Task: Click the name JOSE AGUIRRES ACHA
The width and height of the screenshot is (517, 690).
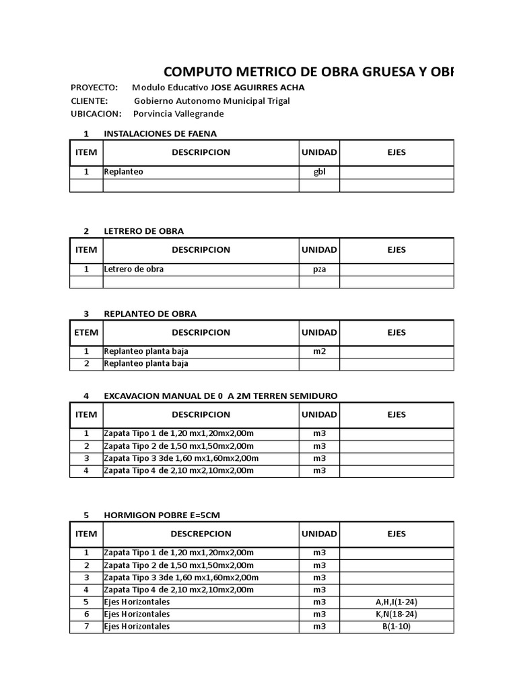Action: point(258,88)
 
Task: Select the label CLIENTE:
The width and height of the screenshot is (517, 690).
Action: point(89,100)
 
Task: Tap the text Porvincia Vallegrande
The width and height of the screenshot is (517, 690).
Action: point(178,113)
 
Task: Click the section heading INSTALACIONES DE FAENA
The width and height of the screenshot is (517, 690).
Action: point(160,133)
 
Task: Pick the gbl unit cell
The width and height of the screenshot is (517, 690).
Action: point(319,172)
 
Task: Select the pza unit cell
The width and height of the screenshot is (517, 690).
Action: point(319,269)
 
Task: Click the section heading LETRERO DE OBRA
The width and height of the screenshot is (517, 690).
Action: point(143,231)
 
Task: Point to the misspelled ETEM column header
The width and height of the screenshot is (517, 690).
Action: point(86,332)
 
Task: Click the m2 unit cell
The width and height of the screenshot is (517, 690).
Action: point(319,351)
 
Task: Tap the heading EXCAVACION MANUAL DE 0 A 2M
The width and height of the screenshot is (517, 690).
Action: point(221,396)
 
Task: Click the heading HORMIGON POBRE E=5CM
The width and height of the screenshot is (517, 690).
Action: point(162,515)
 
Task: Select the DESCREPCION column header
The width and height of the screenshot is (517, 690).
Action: point(201,534)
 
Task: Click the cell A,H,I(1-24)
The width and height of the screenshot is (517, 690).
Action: point(397,602)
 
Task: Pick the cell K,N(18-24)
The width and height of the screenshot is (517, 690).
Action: point(397,614)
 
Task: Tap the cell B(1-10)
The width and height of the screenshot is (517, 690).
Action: point(397,626)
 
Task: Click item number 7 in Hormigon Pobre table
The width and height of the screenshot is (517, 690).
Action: point(86,626)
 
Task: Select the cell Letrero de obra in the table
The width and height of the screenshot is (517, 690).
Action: point(133,269)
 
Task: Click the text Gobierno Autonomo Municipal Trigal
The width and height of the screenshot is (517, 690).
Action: point(212,100)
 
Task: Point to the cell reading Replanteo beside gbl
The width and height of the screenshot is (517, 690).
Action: point(123,172)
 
